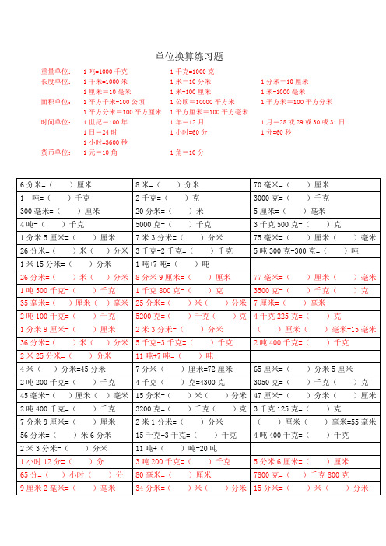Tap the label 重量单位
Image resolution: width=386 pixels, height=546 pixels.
coord(57,72)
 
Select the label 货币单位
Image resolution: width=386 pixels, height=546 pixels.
coord(57,152)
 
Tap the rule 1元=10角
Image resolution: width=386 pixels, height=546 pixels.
coord(100,152)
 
